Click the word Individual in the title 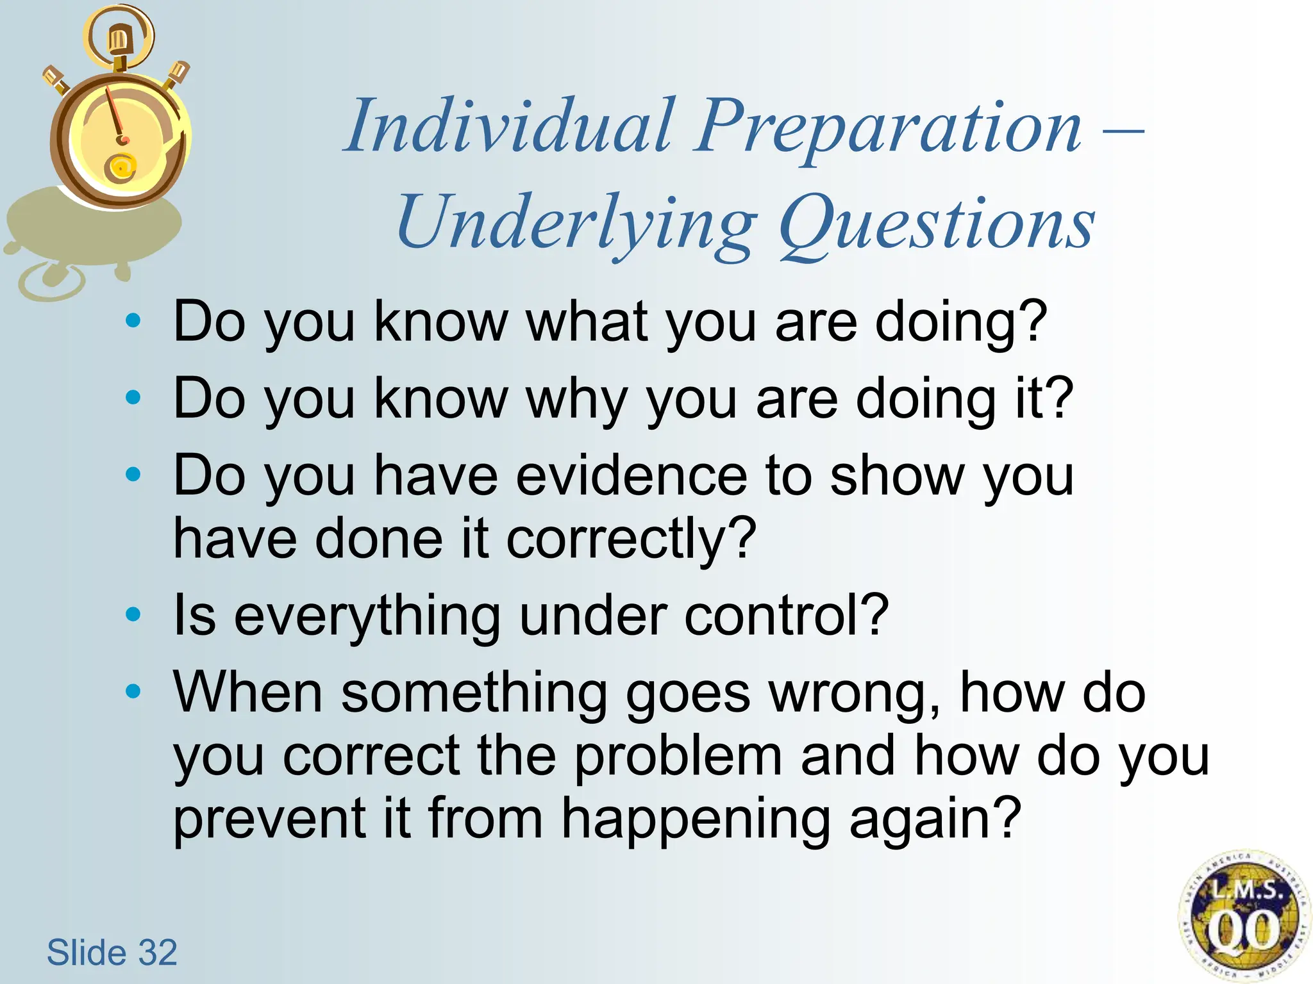click(x=510, y=126)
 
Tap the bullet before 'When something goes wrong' click(x=133, y=691)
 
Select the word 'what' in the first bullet click(x=587, y=322)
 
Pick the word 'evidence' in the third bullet click(x=631, y=476)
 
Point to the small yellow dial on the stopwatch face click(x=121, y=168)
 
